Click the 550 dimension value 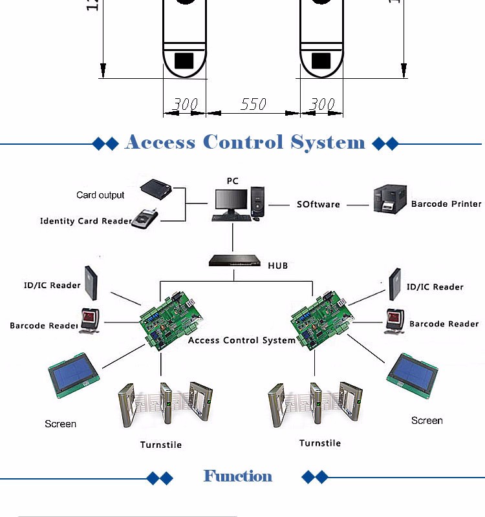tap(253, 104)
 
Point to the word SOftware tap(318, 204)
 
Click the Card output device tap(158, 189)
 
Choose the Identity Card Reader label tap(85, 221)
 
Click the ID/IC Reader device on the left tap(92, 282)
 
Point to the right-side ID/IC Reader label tap(435, 287)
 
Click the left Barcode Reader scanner tap(89, 320)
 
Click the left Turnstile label tap(161, 445)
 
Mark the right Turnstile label tap(320, 443)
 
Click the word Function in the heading tap(238, 476)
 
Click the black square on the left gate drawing tap(184, 60)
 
